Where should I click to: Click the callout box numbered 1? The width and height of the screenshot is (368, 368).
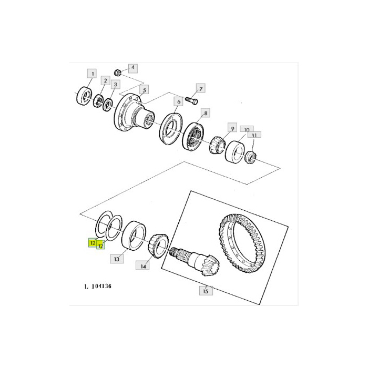pyautogui.click(x=93, y=74)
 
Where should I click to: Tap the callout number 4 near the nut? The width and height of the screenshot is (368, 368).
pyautogui.click(x=133, y=68)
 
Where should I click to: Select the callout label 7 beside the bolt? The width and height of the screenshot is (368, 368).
pyautogui.click(x=201, y=88)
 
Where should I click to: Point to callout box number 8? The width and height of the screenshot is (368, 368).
pyautogui.click(x=206, y=113)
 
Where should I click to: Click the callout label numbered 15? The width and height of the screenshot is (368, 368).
pyautogui.click(x=206, y=291)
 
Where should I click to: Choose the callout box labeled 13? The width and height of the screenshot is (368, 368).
pyautogui.click(x=117, y=259)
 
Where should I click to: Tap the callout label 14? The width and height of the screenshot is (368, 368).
pyautogui.click(x=143, y=265)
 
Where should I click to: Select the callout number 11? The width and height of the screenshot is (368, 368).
pyautogui.click(x=254, y=135)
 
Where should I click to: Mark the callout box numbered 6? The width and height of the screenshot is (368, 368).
pyautogui.click(x=179, y=101)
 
